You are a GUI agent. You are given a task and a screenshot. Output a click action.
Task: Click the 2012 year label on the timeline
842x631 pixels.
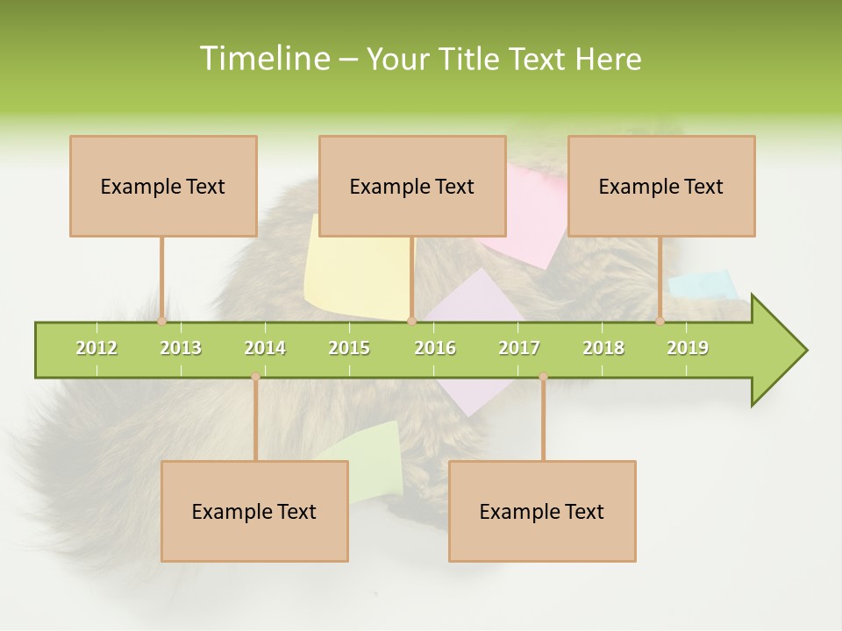(x=96, y=348)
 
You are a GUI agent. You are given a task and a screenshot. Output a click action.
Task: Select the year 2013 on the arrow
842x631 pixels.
(x=181, y=348)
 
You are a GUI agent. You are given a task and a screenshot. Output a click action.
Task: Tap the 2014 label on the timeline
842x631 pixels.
(x=265, y=348)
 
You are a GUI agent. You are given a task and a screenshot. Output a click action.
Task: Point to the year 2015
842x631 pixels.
(x=349, y=348)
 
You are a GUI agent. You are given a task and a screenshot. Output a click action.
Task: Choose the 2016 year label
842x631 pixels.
(x=435, y=348)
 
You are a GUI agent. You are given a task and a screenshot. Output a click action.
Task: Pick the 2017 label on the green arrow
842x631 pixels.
(x=519, y=348)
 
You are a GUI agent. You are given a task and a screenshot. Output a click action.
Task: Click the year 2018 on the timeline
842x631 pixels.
(x=603, y=348)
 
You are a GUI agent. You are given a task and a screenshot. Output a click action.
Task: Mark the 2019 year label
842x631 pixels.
(x=688, y=348)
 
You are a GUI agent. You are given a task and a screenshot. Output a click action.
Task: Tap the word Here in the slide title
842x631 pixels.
(x=608, y=59)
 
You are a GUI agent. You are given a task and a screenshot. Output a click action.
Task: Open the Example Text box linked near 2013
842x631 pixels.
(x=163, y=186)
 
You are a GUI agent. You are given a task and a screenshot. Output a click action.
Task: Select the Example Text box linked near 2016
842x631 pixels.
(x=412, y=186)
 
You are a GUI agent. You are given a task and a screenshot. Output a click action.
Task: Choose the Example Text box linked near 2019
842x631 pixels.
(x=661, y=186)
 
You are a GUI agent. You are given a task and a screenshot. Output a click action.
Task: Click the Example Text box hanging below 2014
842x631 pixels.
(x=254, y=511)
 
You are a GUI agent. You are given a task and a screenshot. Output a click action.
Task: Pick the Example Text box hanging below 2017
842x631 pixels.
(x=542, y=511)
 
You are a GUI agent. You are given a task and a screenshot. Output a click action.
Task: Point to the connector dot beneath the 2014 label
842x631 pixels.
(x=255, y=377)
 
